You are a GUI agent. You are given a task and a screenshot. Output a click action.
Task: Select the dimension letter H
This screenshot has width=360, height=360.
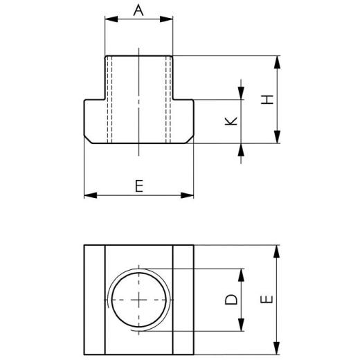(269, 99)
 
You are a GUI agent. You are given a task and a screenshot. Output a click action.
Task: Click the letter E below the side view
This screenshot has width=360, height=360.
(138, 186)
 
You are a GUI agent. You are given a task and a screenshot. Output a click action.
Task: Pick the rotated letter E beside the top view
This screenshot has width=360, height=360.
(269, 299)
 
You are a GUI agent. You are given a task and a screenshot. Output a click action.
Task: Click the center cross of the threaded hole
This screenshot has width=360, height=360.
(139, 300)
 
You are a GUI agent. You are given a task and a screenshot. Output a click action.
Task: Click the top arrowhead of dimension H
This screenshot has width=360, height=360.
(277, 62)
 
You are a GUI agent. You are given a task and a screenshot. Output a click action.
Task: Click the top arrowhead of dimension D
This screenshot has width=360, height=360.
(241, 273)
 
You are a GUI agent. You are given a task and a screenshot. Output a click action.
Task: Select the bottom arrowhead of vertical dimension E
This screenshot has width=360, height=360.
(277, 349)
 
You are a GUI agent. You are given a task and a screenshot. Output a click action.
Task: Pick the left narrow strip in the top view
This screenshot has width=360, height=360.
(94, 300)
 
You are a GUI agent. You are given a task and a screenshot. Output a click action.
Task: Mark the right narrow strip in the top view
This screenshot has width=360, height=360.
(183, 300)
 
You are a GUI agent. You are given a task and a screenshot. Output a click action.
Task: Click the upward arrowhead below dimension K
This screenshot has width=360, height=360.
(241, 150)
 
